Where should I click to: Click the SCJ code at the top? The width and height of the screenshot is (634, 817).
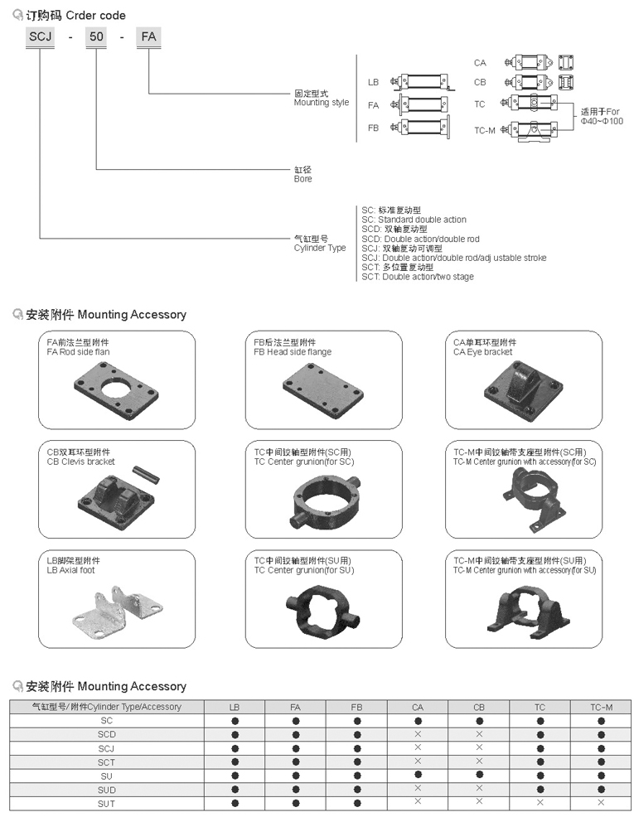point(39,37)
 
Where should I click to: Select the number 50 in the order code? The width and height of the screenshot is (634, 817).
point(97,37)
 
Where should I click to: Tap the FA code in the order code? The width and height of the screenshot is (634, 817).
point(149,37)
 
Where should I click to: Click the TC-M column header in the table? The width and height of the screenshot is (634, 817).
point(601,707)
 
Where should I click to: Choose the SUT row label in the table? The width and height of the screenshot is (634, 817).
point(106,803)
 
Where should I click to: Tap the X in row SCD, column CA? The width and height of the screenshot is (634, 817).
point(418,734)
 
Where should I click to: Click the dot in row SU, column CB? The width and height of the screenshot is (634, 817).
point(479,776)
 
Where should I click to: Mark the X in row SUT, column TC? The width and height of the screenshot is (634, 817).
point(540,803)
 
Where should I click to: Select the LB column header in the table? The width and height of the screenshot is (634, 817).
point(235,707)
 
